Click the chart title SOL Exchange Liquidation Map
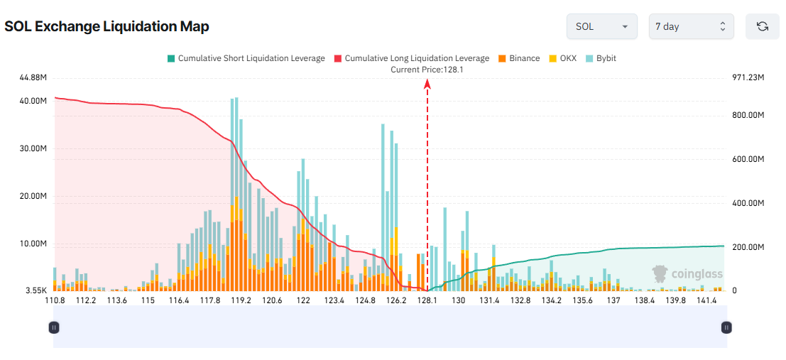tap(107, 27)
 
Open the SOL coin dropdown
tap(601, 26)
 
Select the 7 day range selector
tap(691, 26)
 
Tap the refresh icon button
tap(762, 26)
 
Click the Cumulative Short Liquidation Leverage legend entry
tap(246, 58)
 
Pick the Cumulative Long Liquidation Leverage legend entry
tap(411, 58)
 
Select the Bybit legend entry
tap(601, 58)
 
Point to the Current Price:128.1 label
tap(427, 70)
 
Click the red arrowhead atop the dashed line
tap(427, 83)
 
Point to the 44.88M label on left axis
tap(34, 77)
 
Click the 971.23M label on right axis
tap(748, 77)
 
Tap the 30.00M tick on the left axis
tap(34, 149)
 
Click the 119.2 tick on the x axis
tap(241, 300)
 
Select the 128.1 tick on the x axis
tap(427, 300)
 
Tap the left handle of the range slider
tap(54, 327)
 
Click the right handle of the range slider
tap(726, 327)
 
